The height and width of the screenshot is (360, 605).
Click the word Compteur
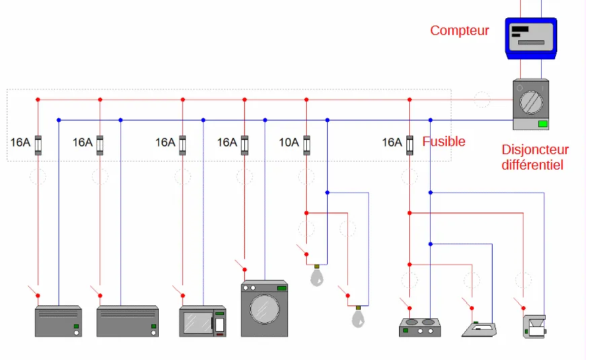[460, 30]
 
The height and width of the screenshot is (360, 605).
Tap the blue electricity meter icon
[532, 38]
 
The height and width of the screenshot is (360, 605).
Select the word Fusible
[443, 142]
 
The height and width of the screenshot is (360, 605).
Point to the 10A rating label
[289, 143]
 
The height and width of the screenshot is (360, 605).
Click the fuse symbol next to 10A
[307, 145]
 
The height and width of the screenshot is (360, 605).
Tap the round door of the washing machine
[264, 309]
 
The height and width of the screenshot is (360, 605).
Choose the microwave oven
[202, 322]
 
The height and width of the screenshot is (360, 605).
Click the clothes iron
[479, 329]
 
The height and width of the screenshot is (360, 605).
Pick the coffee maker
[535, 325]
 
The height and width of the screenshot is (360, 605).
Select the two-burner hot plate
[420, 327]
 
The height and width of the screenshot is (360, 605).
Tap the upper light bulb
[317, 276]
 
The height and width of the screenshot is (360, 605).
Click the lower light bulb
[358, 316]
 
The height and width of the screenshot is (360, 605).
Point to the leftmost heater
[59, 322]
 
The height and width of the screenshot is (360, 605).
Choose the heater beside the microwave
[128, 322]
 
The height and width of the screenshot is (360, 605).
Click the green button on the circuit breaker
[542, 124]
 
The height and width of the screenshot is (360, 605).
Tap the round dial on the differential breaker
[531, 100]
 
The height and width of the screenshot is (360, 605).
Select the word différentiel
[532, 164]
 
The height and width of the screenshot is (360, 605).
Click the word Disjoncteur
[535, 149]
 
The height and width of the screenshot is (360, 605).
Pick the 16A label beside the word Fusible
[392, 143]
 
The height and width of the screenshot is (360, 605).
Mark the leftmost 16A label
[21, 143]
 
